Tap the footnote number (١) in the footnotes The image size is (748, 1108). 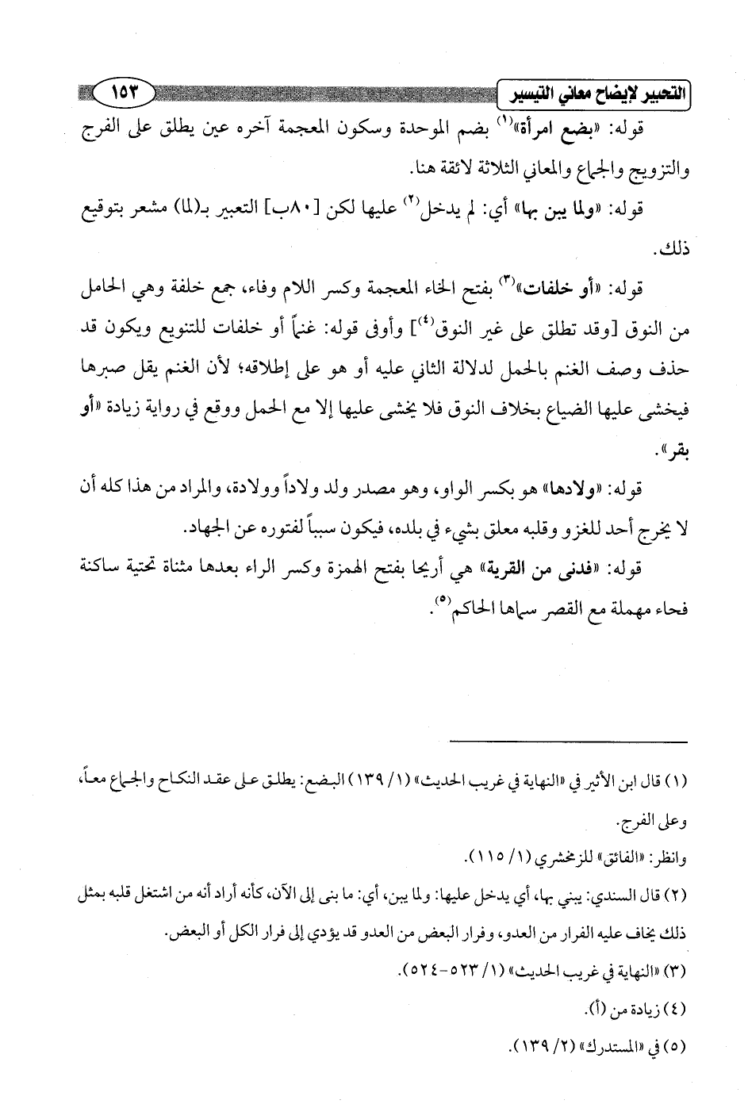(x=679, y=782)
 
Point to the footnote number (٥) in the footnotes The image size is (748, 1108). (x=678, y=1045)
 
